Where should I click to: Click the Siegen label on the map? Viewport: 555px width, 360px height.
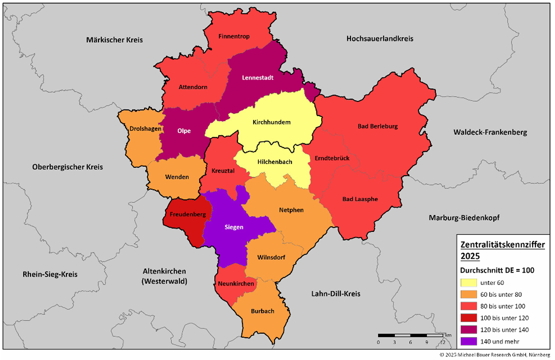[234, 227]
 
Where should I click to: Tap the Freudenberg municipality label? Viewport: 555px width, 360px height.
[188, 215]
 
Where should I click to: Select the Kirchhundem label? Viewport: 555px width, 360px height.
[272, 122]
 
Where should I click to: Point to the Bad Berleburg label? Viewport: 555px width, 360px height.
[377, 126]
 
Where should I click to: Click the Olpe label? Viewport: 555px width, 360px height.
[184, 131]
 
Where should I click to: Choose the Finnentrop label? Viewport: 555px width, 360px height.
[233, 36]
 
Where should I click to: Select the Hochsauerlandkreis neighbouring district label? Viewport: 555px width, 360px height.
[380, 39]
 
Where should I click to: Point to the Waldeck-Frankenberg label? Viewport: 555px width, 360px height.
[490, 132]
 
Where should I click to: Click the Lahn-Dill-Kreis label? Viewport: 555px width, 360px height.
[336, 294]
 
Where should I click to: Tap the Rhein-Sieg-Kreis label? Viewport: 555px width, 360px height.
[50, 274]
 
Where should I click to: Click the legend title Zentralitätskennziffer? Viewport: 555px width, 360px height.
[502, 245]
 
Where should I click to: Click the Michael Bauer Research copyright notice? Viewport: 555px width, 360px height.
[495, 355]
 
